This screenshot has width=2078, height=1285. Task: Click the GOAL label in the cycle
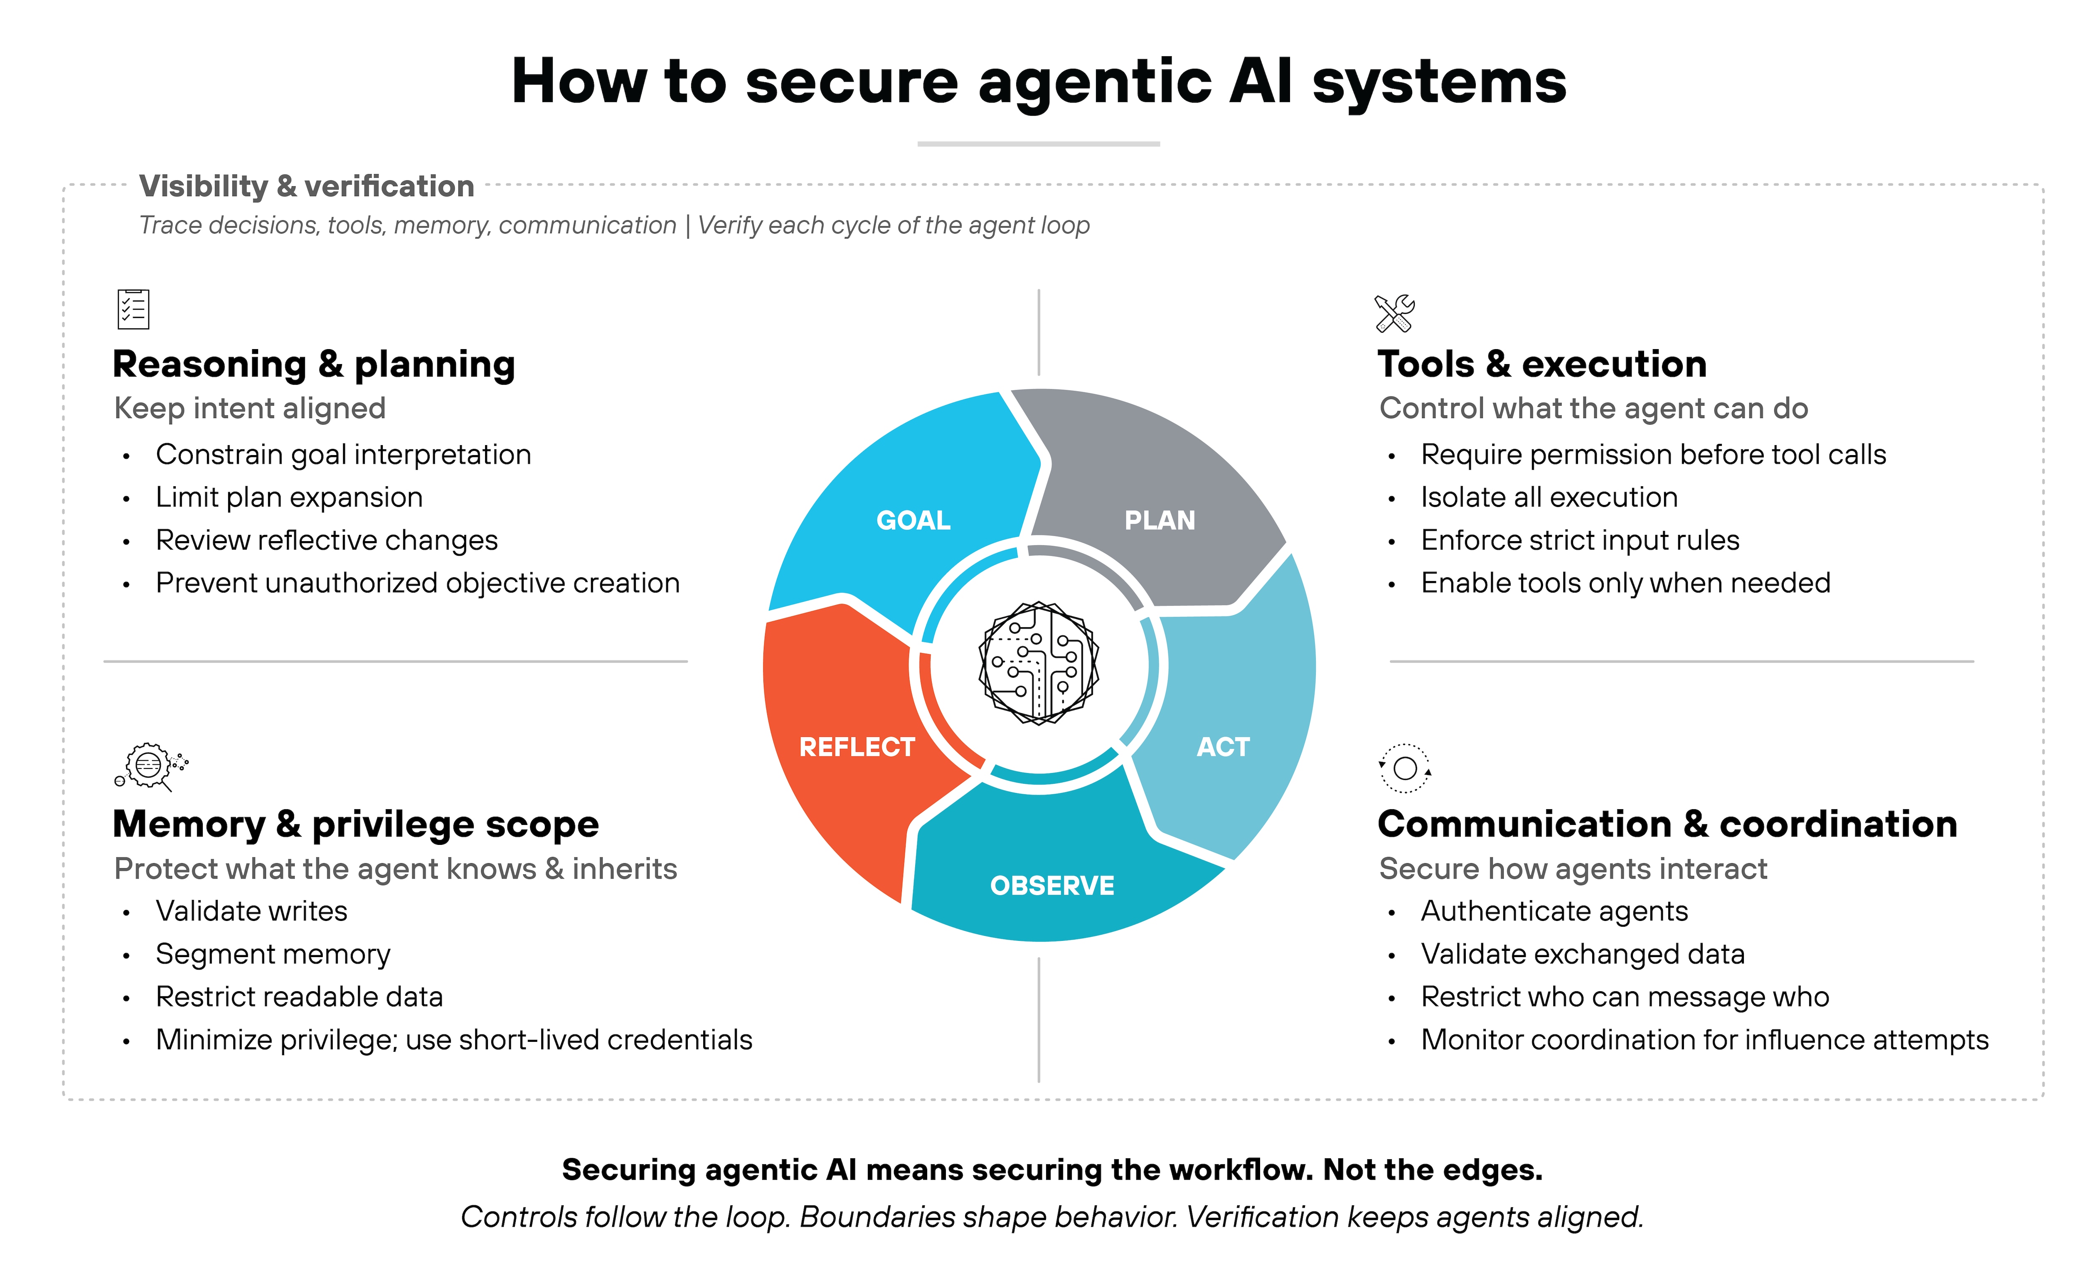[x=913, y=520]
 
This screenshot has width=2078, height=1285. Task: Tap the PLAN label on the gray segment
[x=1159, y=520]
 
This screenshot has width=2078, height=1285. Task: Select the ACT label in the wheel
[x=1223, y=747]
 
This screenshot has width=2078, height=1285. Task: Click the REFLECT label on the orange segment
[x=857, y=747]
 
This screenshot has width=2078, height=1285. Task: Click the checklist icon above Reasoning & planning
[x=133, y=309]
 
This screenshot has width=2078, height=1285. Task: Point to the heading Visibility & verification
[x=306, y=186]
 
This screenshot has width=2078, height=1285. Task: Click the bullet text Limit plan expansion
[x=289, y=497]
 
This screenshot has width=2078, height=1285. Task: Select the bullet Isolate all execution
[x=1549, y=497]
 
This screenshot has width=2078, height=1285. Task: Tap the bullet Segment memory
[x=273, y=955]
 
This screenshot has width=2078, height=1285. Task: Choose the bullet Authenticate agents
[x=1554, y=911]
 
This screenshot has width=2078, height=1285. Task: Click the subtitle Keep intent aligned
[x=250, y=409]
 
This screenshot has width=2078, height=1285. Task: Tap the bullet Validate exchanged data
[x=1583, y=955]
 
